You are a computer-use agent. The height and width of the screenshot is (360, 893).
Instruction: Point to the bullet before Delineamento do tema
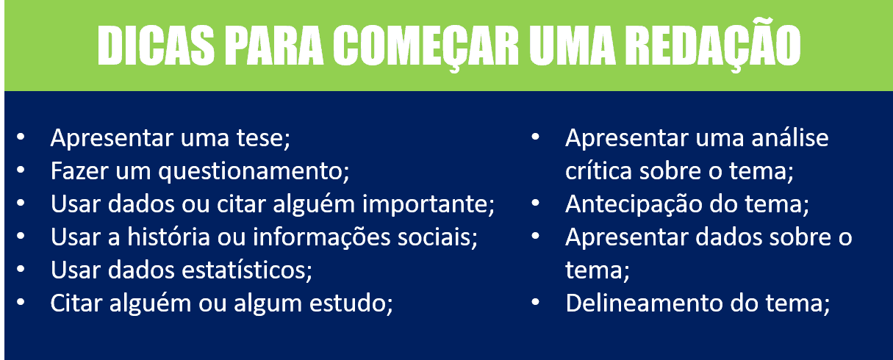(x=535, y=303)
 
